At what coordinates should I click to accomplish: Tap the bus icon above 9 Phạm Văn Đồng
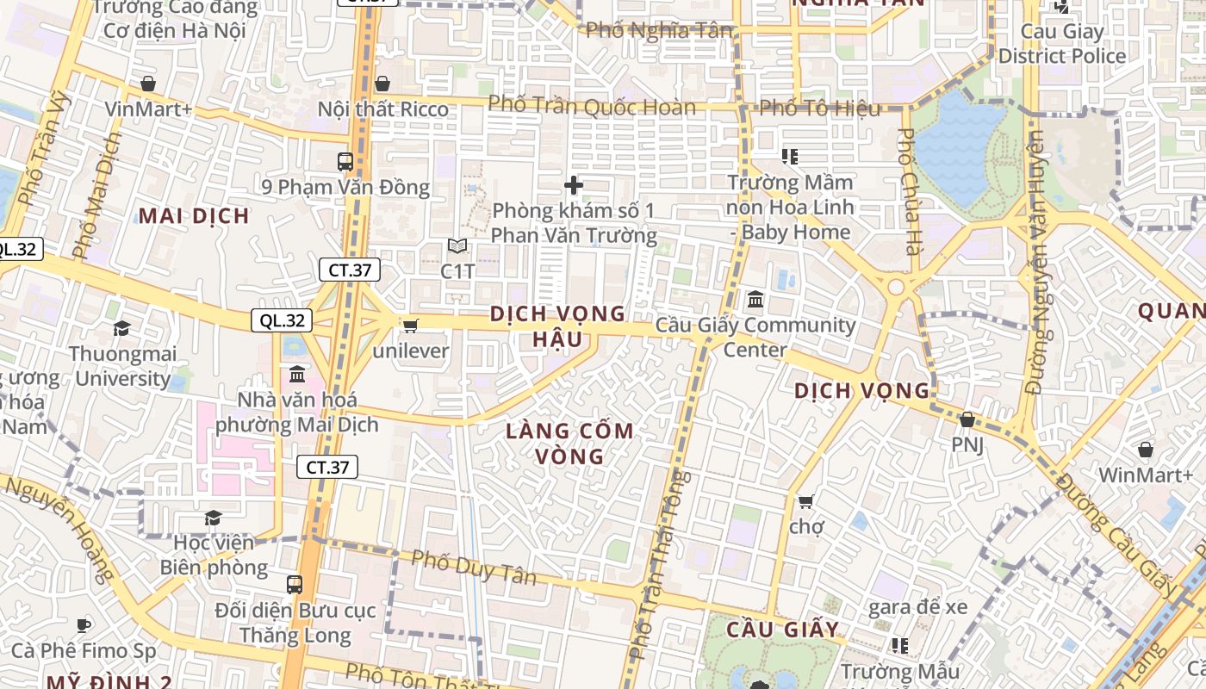345,161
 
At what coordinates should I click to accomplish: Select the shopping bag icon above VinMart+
148,84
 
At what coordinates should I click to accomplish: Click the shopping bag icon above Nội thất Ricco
382,84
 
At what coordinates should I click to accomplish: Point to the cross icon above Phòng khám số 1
574,185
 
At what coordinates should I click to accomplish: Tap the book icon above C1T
457,246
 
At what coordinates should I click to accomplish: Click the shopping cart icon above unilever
411,326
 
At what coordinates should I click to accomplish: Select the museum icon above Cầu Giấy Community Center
755,300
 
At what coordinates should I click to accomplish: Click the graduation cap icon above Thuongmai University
121,329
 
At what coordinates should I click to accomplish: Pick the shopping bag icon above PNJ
967,420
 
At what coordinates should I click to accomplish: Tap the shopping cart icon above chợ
806,501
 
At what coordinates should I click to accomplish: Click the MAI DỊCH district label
195,215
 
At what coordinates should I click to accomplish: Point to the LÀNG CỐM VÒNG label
570,443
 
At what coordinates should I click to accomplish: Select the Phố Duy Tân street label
474,567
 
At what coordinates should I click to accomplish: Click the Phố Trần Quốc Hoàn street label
592,107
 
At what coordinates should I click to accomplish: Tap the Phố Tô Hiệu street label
820,109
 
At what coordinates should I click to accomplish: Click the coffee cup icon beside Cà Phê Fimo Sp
84,625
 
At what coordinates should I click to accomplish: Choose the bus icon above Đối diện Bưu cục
295,585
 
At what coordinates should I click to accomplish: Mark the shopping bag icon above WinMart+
1145,450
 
